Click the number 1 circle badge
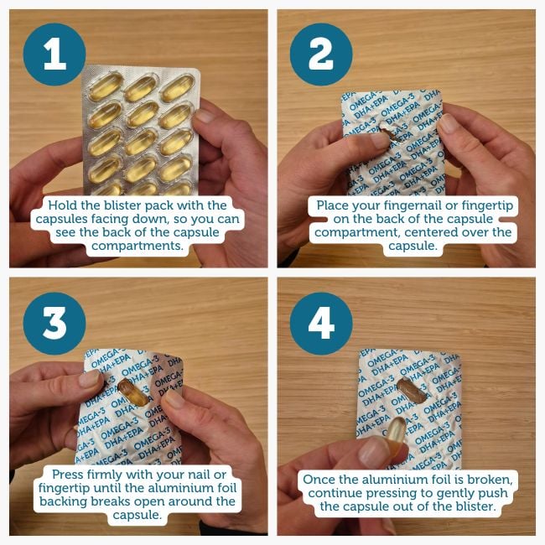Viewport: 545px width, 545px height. point(54,54)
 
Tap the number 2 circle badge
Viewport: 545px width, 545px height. point(321,54)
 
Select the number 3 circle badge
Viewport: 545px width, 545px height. point(54,324)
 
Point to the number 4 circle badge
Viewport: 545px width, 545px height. point(321,324)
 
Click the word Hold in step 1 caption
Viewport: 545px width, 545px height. point(63,205)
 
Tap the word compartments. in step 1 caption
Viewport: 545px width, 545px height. point(138,246)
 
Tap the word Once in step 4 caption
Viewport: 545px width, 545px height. point(319,480)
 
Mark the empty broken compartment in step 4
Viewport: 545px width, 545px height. point(412,391)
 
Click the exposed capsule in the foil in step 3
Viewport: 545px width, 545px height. point(132,392)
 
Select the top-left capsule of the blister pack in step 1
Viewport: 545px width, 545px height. point(105,86)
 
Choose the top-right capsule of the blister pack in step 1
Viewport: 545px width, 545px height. point(177,89)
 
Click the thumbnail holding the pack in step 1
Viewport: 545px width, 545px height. point(204,116)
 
